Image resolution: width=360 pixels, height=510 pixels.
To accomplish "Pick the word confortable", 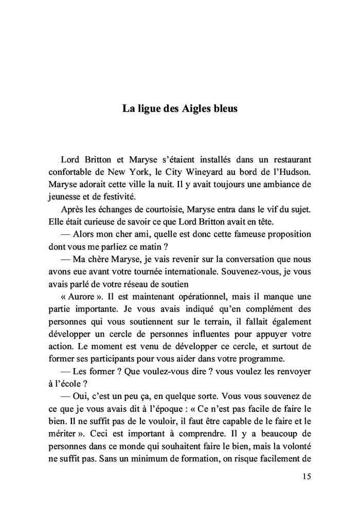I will point(73,171).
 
